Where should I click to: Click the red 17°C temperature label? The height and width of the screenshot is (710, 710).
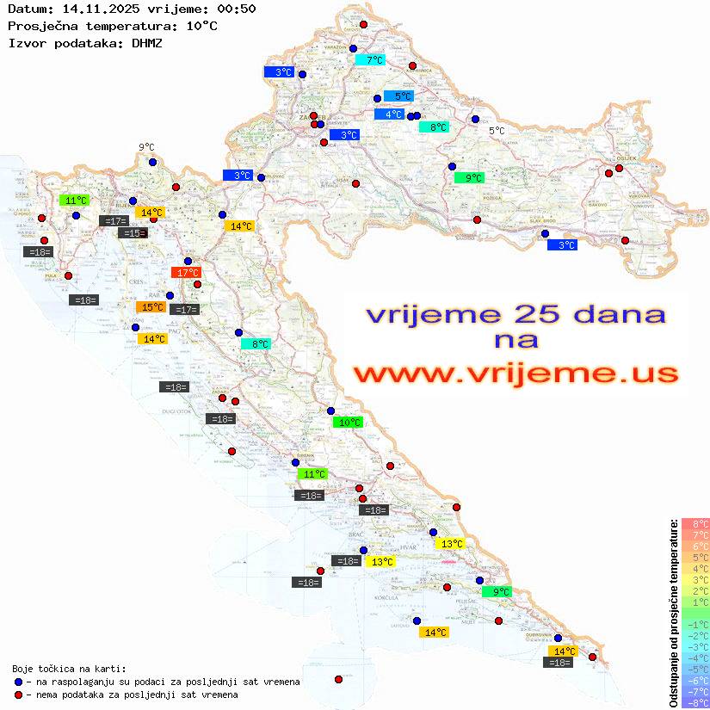pyautogui.click(x=186, y=273)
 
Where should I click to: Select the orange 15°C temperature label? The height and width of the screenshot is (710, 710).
pyautogui.click(x=152, y=307)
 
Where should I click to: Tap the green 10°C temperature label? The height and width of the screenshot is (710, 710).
pyautogui.click(x=349, y=423)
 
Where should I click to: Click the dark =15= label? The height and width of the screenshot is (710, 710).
pyautogui.click(x=133, y=233)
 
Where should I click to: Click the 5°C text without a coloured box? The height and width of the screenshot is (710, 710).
pyautogui.click(x=497, y=131)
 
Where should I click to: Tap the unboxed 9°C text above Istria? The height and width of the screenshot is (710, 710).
pyautogui.click(x=145, y=147)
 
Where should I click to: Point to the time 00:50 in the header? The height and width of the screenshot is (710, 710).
pyautogui.click(x=238, y=9)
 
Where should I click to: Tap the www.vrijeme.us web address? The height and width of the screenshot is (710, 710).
pyautogui.click(x=516, y=374)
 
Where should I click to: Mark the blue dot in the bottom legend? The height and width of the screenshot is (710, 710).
pyautogui.click(x=19, y=682)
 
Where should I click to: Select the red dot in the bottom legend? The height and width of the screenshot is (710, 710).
pyautogui.click(x=19, y=695)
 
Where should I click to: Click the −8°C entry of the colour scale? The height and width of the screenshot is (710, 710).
pyautogui.click(x=695, y=702)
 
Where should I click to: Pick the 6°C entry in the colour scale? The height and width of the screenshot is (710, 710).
pyautogui.click(x=695, y=546)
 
